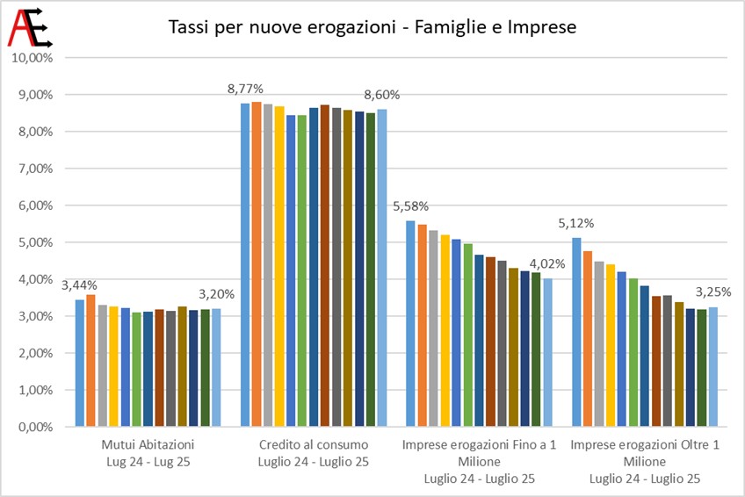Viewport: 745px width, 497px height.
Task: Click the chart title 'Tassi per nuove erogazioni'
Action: pyautogui.click(x=282, y=27)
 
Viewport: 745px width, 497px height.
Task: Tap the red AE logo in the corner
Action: pyautogui.click(x=30, y=27)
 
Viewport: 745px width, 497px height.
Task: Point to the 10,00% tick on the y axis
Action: pyautogui.click(x=33, y=58)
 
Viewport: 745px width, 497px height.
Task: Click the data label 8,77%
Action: pyautogui.click(x=245, y=89)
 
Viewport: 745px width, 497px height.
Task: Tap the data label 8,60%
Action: pyautogui.click(x=382, y=95)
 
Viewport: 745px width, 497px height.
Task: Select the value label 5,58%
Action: pyautogui.click(x=410, y=206)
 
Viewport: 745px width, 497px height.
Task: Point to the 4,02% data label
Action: pyautogui.click(x=547, y=264)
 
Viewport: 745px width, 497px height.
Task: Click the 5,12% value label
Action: pyautogui.click(x=575, y=224)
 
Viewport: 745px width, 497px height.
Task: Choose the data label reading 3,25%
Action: pyautogui.click(x=713, y=292)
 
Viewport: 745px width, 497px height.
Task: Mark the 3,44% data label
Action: pyautogui.click(x=79, y=285)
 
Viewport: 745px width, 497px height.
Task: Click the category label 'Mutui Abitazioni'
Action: pyautogui.click(x=148, y=445)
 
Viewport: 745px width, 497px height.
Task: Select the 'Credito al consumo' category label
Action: pyautogui.click(x=314, y=445)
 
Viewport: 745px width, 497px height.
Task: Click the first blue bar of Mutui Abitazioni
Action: pyautogui.click(x=80, y=364)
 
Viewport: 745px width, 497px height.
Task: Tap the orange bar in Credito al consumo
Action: pyautogui.click(x=257, y=264)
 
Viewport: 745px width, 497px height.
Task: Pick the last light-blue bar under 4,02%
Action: pyautogui.click(x=547, y=353)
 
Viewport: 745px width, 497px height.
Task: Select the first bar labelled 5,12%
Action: pyautogui.click(x=576, y=332)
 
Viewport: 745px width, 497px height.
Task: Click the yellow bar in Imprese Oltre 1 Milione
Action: pyautogui.click(x=611, y=346)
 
